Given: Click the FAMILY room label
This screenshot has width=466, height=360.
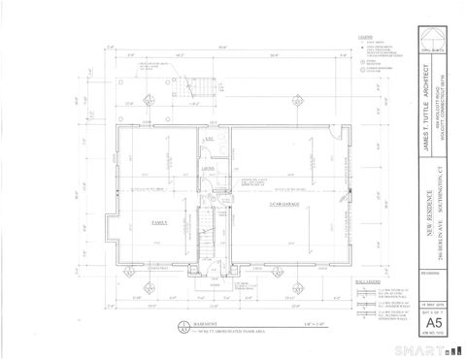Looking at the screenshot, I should (156, 222).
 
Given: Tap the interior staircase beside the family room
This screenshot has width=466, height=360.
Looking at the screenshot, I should (206, 233).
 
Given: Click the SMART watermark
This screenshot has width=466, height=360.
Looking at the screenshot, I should (433, 346).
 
